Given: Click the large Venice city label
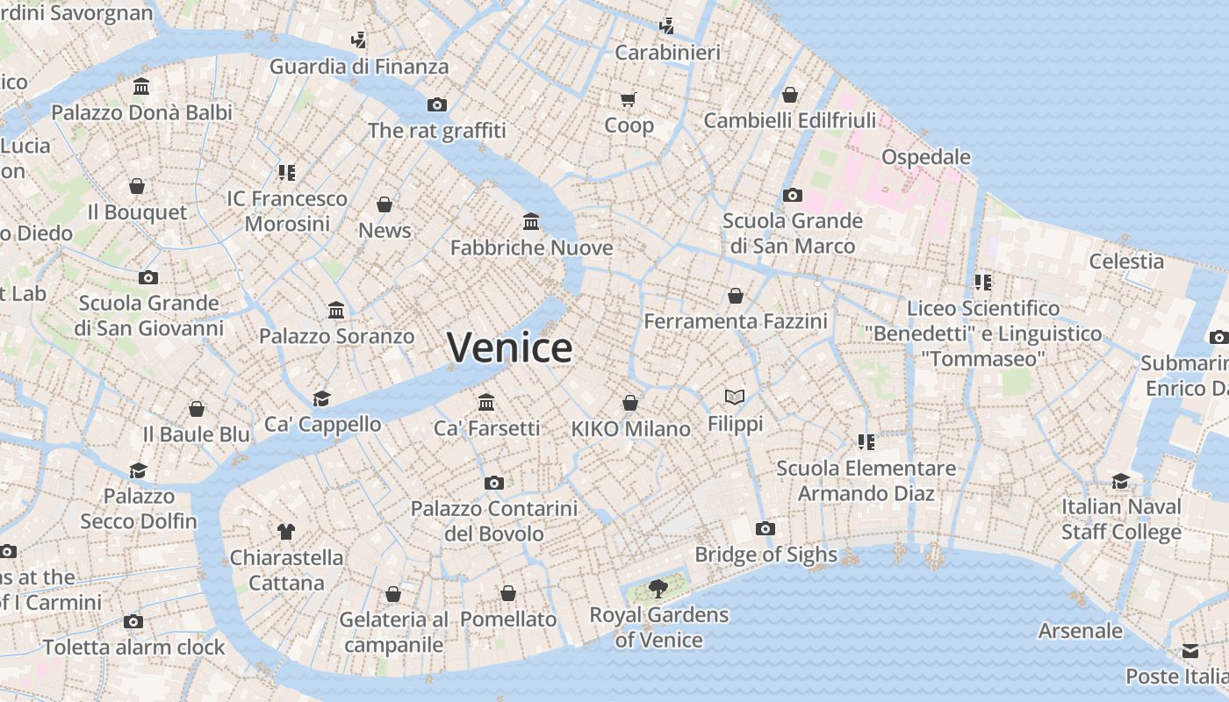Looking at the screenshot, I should (x=509, y=347).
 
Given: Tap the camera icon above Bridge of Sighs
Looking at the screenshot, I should (x=765, y=528).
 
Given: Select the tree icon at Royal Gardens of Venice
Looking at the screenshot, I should (x=658, y=588).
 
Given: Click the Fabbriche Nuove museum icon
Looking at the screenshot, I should (x=531, y=221).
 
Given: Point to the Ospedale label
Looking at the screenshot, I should (x=925, y=157).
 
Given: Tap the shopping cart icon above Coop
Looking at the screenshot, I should (x=628, y=99).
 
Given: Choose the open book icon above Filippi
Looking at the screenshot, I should (x=735, y=398).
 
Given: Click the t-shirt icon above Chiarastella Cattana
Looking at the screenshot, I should (x=286, y=531).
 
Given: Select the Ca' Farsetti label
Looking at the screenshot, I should (x=486, y=428).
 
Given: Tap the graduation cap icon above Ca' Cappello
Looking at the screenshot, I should (x=322, y=398).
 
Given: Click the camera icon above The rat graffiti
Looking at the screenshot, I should (x=436, y=104).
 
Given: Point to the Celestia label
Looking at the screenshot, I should (x=1126, y=261).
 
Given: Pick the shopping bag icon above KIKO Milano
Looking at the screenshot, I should (x=630, y=403).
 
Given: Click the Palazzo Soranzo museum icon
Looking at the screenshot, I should (x=336, y=310).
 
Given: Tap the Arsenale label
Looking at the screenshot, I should (x=1080, y=630).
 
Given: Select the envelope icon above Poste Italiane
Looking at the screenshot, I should (x=1189, y=650).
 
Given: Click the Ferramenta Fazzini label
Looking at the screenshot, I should (x=736, y=321).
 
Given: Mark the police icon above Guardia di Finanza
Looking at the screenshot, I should (x=358, y=39).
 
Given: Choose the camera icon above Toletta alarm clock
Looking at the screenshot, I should (x=133, y=621).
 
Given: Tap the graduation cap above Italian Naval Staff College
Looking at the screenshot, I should (x=1120, y=481).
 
